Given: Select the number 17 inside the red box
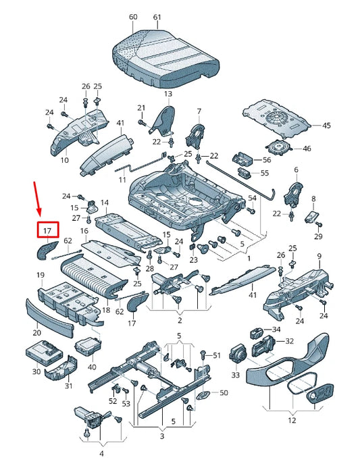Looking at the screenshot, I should point(47,231).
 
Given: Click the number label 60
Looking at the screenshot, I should point(132,16).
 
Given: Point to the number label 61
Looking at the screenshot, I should point(157,16).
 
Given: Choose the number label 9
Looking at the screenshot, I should point(319,256).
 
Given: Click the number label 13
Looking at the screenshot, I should point(168,93).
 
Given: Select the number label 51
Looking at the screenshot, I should point(216,355).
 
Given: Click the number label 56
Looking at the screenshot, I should point(265,160).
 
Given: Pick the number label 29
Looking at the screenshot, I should point(318,236).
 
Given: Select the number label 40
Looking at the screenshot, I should point(92,367).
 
